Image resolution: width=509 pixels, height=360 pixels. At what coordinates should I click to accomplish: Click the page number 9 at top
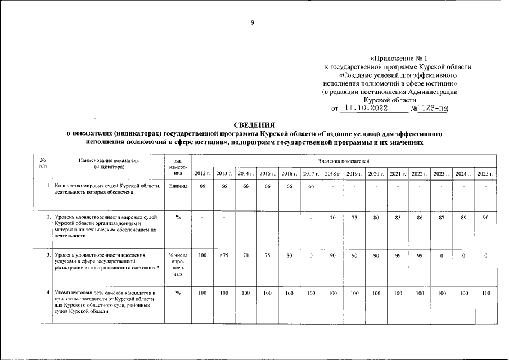(253, 22)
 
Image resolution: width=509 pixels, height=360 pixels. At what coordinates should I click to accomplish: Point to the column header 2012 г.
(202, 173)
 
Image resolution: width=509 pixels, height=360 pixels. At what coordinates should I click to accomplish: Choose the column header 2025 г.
(485, 173)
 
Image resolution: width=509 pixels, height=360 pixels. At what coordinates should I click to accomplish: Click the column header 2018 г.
(333, 173)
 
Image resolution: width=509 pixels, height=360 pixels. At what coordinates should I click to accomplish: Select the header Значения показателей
(343, 161)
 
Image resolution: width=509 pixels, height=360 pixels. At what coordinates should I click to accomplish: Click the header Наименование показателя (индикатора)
(109, 164)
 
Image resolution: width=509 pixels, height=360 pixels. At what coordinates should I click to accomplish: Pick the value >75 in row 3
(224, 255)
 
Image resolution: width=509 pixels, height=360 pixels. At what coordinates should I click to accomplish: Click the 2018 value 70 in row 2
(333, 217)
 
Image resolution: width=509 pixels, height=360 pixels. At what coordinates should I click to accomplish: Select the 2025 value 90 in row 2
(485, 217)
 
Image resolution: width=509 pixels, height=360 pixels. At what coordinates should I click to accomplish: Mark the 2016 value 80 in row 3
(289, 255)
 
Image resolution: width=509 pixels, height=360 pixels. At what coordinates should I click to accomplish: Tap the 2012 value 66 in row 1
(202, 186)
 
